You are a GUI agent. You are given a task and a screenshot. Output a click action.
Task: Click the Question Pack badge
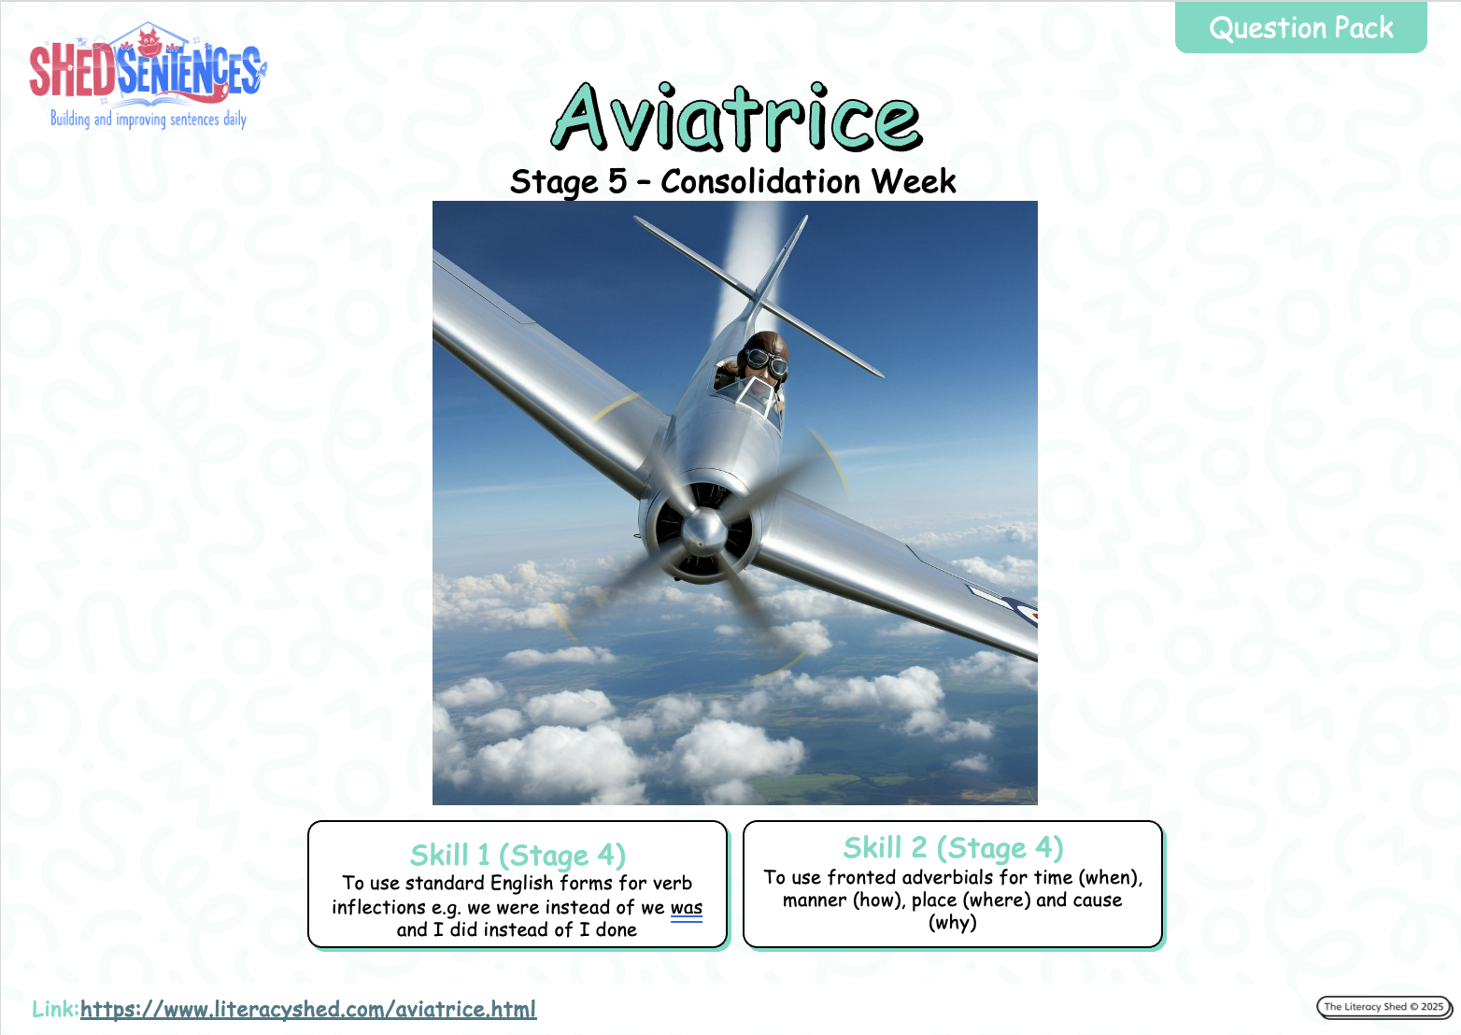click(1300, 27)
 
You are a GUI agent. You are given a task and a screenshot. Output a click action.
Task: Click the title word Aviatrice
click(736, 118)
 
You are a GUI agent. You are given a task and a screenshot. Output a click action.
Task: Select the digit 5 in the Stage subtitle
click(617, 180)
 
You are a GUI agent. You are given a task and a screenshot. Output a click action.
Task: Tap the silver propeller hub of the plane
click(703, 530)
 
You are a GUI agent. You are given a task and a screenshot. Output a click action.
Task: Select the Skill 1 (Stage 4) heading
click(518, 855)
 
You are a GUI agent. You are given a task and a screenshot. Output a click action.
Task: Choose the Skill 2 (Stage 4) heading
click(953, 847)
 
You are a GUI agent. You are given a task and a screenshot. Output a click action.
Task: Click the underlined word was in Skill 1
click(687, 907)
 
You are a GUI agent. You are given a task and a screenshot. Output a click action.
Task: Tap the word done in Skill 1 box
click(616, 929)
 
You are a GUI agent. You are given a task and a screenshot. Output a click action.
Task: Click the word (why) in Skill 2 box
click(952, 922)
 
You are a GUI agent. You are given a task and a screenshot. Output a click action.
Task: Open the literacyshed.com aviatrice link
click(308, 1009)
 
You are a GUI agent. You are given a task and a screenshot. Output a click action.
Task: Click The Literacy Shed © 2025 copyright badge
click(1383, 1006)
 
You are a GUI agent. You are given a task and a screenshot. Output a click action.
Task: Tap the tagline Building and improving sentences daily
click(149, 120)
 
